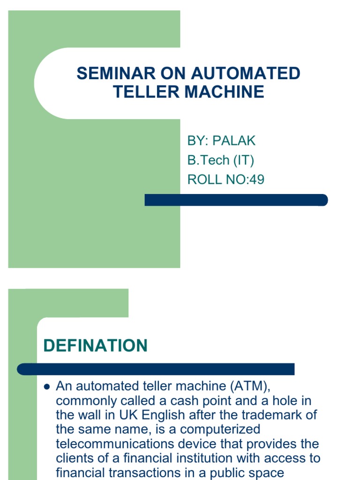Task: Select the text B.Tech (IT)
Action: (220, 160)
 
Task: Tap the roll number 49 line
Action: (225, 180)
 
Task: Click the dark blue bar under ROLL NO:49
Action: (236, 200)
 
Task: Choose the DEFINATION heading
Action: (95, 346)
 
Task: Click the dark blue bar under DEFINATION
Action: (156, 369)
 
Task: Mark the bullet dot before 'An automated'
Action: (46, 387)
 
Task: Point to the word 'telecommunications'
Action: (122, 444)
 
